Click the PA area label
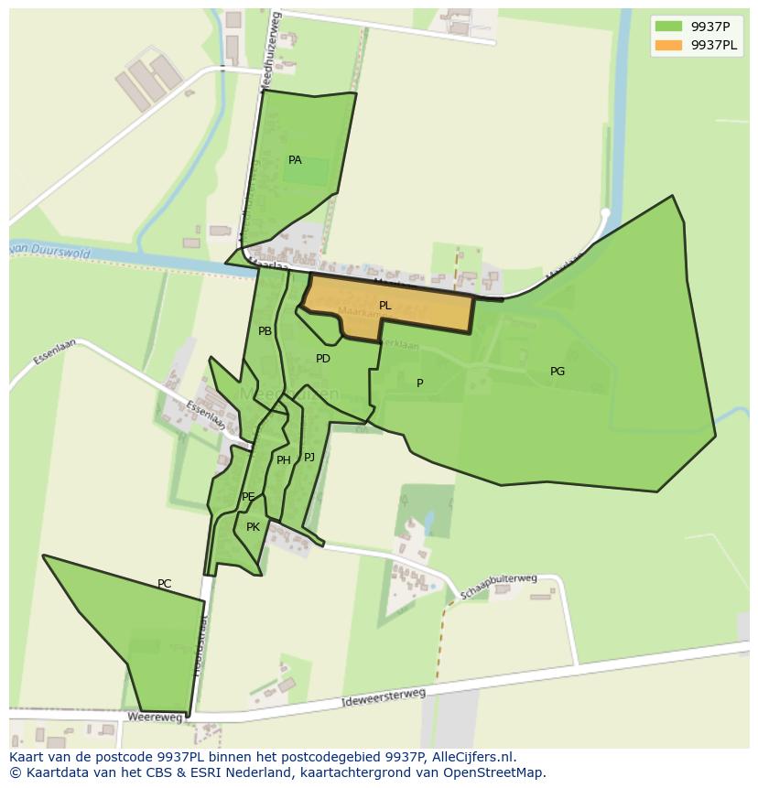[x=295, y=160]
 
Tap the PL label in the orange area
[x=385, y=306]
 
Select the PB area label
[x=265, y=331]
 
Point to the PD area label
[x=322, y=359]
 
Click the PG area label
[x=557, y=372]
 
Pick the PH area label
[x=283, y=460]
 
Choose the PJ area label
[x=309, y=457]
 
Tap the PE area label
[x=248, y=497]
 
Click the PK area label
[x=253, y=527]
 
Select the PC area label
[x=164, y=584]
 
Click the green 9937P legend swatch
[x=668, y=27]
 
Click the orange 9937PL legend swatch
[x=668, y=45]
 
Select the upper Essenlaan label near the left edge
[x=52, y=352]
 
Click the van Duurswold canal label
[x=50, y=250]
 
